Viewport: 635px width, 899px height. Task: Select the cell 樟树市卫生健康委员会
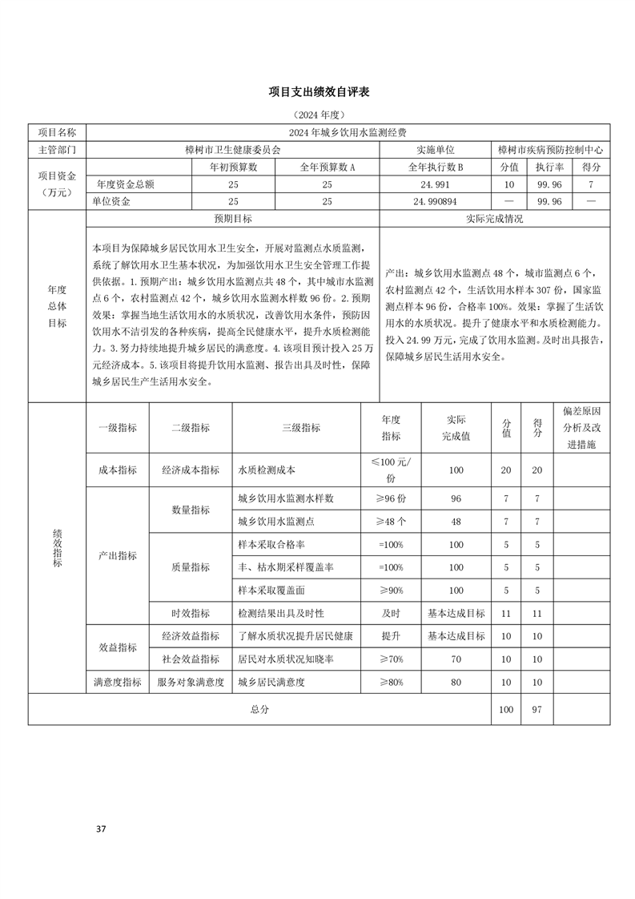click(x=232, y=150)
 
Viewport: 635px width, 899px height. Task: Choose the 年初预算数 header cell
click(x=232, y=167)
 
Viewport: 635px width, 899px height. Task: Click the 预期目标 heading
click(x=232, y=218)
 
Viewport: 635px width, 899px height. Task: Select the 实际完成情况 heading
click(x=494, y=218)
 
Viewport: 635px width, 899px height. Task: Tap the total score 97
click(x=537, y=709)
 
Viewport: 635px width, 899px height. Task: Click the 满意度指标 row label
click(x=117, y=683)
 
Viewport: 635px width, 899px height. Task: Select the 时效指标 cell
click(x=190, y=614)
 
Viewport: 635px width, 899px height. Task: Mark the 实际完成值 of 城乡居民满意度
click(x=456, y=683)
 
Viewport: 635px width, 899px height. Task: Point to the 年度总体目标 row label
click(x=57, y=305)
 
